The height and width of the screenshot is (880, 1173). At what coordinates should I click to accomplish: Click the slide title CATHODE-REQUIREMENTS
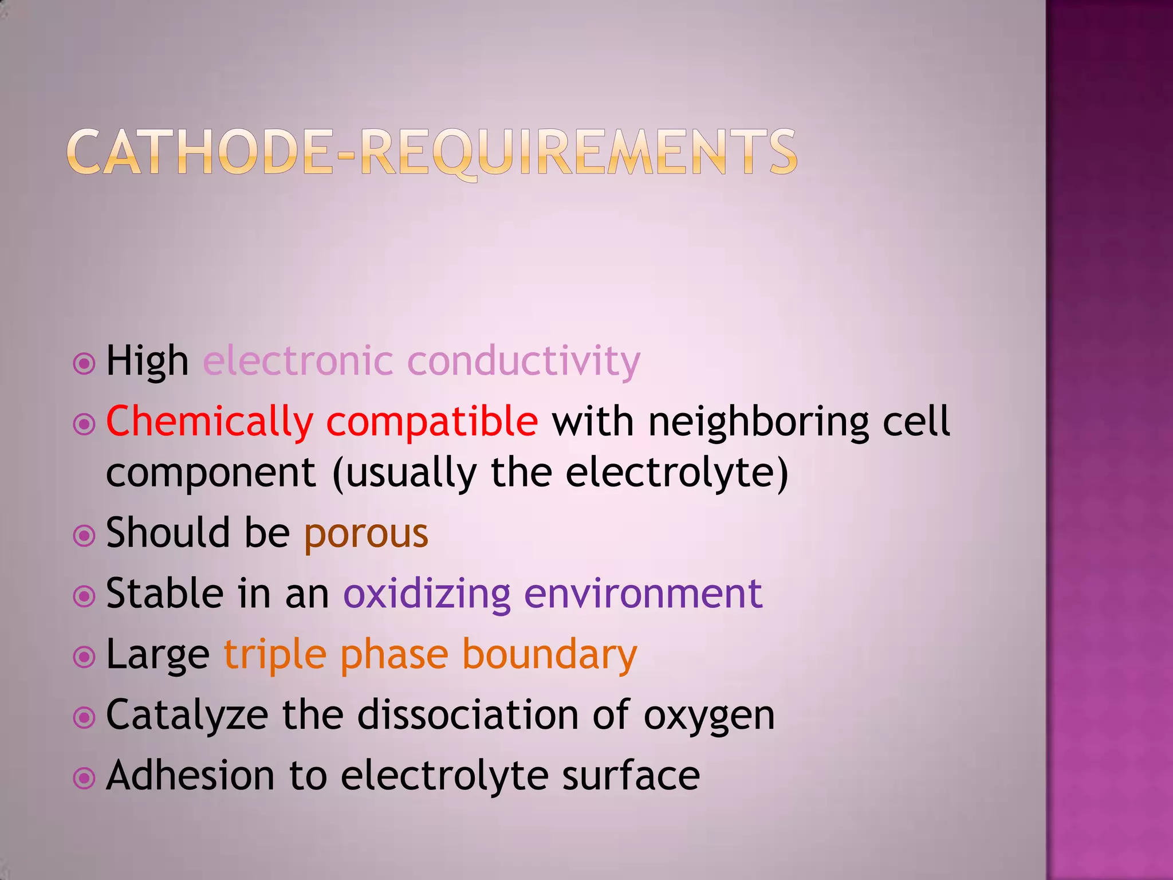point(432,152)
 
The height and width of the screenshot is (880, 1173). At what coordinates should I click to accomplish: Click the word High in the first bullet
point(147,362)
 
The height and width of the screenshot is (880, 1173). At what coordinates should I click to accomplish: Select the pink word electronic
point(298,362)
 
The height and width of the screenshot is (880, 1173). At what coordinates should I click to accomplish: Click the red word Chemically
point(210,422)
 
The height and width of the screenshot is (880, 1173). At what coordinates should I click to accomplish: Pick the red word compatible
point(432,422)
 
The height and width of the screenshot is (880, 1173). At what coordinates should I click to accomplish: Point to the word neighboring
point(758,422)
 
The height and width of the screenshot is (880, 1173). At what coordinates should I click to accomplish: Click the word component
point(211,473)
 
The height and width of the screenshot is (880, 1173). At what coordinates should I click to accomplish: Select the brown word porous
point(366,533)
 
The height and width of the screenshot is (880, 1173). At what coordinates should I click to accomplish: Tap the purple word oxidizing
point(427,594)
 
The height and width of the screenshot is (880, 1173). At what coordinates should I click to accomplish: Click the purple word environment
point(643,594)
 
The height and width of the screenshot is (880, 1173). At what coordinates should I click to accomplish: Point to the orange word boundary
point(549,655)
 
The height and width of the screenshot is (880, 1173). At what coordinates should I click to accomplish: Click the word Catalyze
point(187,716)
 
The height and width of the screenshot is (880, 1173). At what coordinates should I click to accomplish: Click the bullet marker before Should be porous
point(84,536)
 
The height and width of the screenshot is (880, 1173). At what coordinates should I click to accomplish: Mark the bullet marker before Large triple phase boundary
point(84,657)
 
